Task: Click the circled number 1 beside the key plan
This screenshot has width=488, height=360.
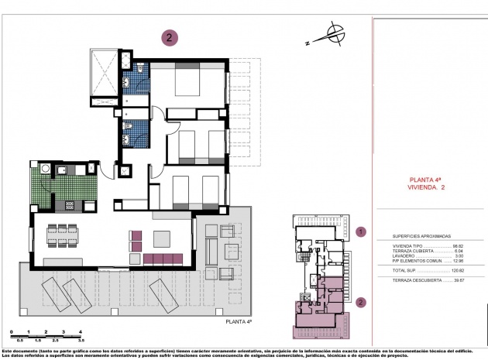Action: (x=359, y=231)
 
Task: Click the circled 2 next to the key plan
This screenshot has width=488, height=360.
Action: (x=359, y=303)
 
